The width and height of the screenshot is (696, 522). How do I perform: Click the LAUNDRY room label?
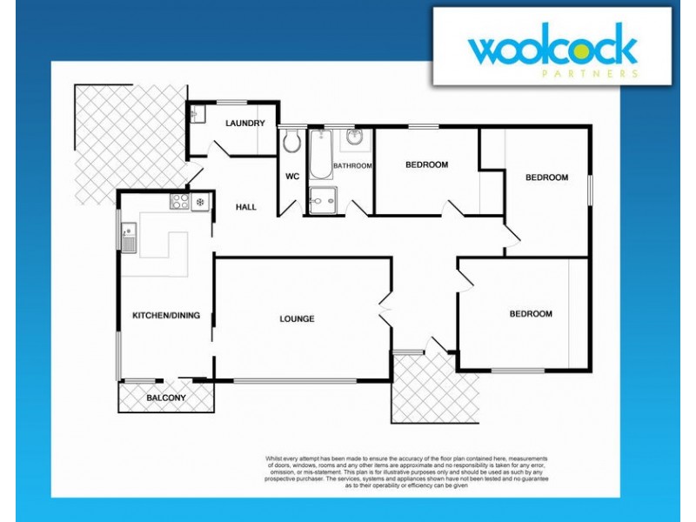244,124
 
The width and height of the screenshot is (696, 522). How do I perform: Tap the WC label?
292,177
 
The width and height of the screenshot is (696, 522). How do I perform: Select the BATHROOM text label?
353,165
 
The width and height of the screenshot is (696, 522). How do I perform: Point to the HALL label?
246,207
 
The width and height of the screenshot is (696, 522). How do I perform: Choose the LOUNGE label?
297,318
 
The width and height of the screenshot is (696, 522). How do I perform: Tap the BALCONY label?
165,398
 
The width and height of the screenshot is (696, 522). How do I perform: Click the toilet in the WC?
291,141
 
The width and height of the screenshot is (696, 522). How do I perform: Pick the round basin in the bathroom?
355,138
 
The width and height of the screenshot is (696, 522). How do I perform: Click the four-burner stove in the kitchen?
180,202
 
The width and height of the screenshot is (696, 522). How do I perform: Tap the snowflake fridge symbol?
201,202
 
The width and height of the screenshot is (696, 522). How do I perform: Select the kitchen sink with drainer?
129,238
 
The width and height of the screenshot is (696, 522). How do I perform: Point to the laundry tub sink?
197,114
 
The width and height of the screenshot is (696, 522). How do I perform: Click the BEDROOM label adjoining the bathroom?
426,165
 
